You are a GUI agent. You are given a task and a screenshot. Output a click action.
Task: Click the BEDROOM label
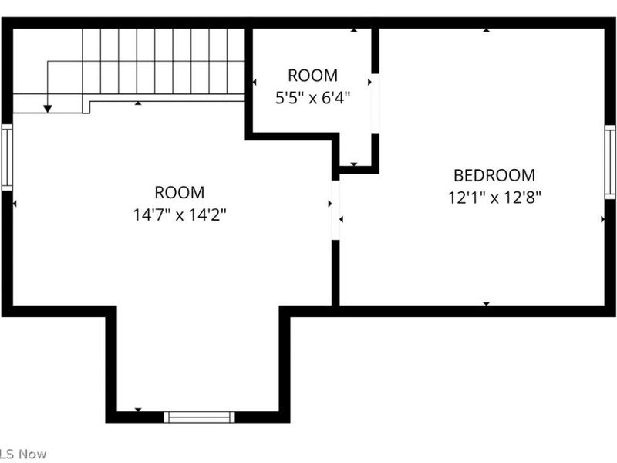point(494,175)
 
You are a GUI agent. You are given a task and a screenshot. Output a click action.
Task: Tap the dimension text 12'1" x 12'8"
point(494,197)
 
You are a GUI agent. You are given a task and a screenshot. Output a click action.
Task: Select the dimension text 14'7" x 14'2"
point(180,215)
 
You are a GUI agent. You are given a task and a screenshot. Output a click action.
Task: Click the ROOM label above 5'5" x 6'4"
point(312,76)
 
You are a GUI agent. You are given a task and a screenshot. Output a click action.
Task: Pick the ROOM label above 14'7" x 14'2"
point(180,193)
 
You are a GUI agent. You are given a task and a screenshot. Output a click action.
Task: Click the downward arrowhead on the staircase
point(48,109)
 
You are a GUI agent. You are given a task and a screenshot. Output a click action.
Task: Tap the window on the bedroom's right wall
point(610,162)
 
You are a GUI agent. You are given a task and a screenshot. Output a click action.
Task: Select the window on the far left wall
point(7,157)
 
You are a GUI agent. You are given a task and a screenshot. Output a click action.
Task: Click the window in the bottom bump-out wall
point(199,417)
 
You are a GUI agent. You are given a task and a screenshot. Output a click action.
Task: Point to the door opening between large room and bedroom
point(335,210)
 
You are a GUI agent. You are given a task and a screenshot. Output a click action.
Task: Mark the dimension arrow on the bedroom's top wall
point(487,31)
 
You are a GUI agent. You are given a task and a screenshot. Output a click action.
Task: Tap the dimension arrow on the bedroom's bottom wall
point(487,304)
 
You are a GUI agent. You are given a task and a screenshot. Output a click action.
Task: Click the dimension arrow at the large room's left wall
point(16,204)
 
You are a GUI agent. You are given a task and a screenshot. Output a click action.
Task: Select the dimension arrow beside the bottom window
point(139,409)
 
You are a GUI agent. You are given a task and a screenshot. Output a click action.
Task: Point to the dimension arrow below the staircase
point(138,103)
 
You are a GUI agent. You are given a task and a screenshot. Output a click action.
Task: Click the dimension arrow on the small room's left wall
point(255,82)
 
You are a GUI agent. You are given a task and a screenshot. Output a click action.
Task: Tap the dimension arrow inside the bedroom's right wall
point(603,219)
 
